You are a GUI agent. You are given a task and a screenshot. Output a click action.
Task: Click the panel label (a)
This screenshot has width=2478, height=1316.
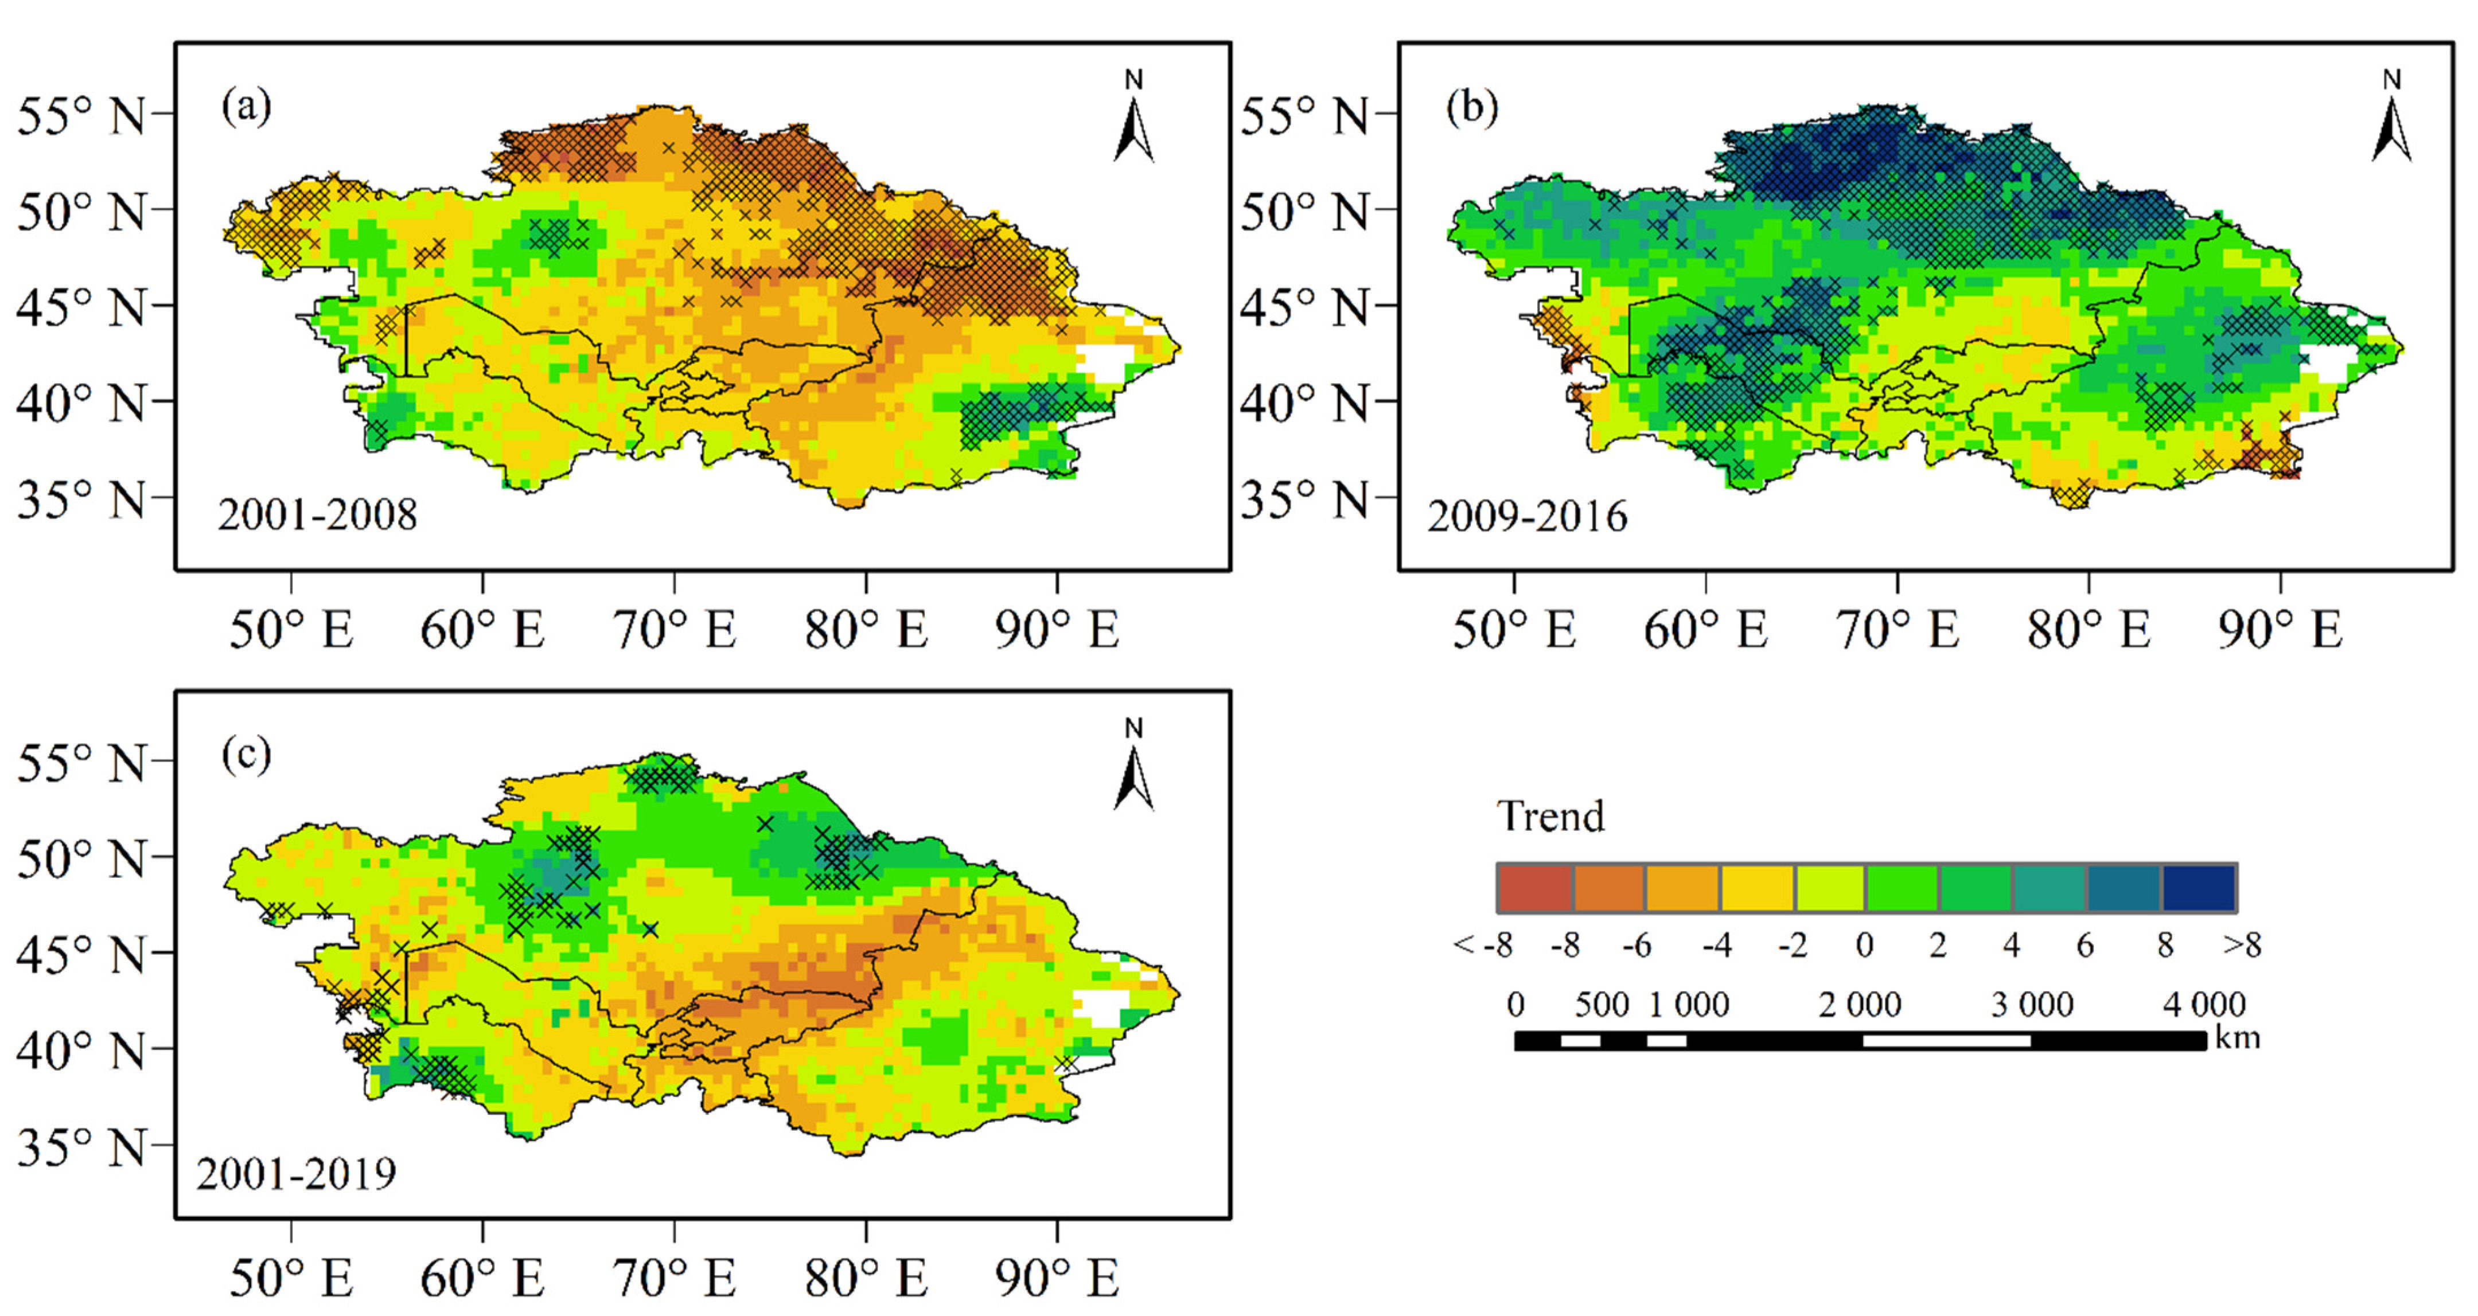tap(246, 106)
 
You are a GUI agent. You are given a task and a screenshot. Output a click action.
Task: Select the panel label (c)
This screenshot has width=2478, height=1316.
tap(246, 754)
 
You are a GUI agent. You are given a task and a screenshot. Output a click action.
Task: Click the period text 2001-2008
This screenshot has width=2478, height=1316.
tap(317, 516)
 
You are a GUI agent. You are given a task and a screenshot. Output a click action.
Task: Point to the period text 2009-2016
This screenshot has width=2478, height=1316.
tap(1526, 517)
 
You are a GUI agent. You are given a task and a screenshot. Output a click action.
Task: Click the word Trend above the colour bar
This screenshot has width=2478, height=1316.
tap(1550, 817)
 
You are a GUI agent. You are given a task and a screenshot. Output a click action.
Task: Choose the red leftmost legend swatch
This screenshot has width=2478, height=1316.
tap(1534, 887)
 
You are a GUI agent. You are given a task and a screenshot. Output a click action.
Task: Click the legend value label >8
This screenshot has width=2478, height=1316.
tap(2241, 946)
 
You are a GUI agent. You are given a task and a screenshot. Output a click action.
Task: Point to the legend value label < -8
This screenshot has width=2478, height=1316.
tap(1482, 946)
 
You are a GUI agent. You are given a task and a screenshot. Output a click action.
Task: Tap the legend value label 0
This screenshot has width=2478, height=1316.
tap(1864, 946)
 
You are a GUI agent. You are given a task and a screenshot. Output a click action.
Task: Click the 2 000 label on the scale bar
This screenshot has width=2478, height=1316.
tap(1860, 1005)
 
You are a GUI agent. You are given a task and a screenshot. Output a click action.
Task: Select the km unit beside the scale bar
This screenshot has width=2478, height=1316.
tap(2238, 1038)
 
